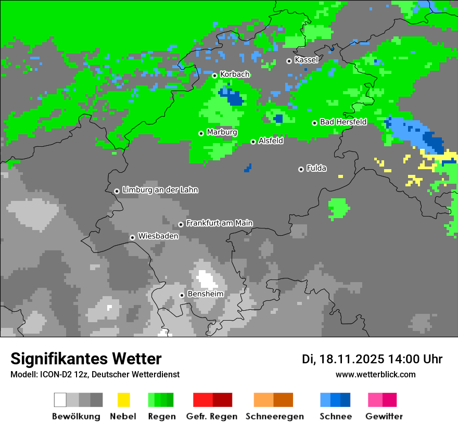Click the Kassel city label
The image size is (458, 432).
pyautogui.click(x=306, y=60)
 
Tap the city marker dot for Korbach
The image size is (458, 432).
pyautogui.click(x=214, y=75)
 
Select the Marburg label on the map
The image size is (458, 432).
pyautogui.click(x=222, y=132)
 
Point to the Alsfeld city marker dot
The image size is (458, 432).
pyautogui.click(x=253, y=142)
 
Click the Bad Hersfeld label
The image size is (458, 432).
pyautogui.click(x=343, y=122)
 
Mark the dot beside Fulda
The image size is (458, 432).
pyautogui.click(x=301, y=169)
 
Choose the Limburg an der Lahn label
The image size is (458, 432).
pyautogui.click(x=160, y=190)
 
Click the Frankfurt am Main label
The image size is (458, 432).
pyautogui.click(x=219, y=223)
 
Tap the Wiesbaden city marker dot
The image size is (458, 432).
pyautogui.click(x=133, y=237)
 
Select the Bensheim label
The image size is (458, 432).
pyautogui.click(x=205, y=294)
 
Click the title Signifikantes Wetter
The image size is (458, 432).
pyautogui.click(x=86, y=359)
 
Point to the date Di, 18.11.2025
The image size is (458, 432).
pyautogui.click(x=342, y=359)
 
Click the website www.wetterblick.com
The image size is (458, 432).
pyautogui.click(x=375, y=374)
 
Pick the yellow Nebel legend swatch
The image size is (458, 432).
pyautogui.click(x=123, y=400)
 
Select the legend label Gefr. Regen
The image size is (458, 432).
pyautogui.click(x=212, y=416)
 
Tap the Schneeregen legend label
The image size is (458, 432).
pyautogui.click(x=275, y=416)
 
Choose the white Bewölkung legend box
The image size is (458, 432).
pyautogui.click(x=60, y=400)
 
